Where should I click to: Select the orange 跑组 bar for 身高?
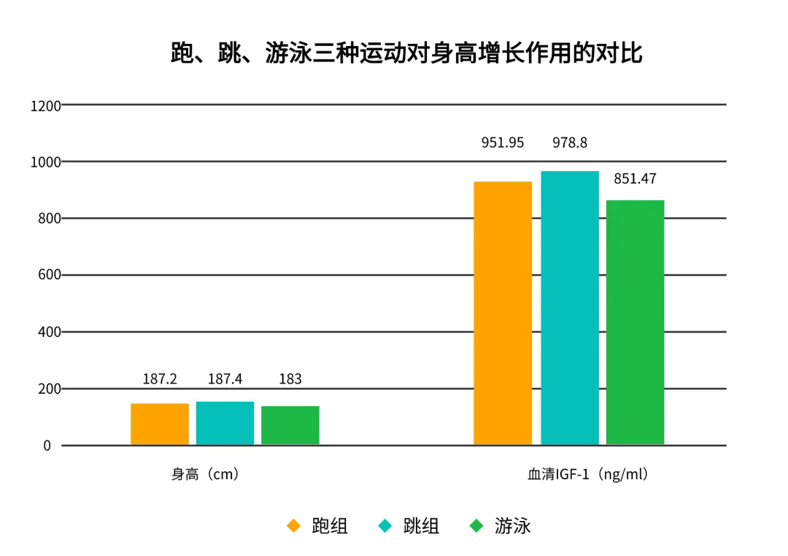coord(160,424)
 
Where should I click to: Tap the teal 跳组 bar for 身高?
coord(225,423)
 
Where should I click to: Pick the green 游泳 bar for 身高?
coord(290,425)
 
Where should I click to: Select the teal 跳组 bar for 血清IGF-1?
coord(570,308)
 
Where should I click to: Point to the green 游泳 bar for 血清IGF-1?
coord(636,322)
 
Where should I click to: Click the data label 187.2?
coord(160,379)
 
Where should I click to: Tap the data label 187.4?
coord(225,379)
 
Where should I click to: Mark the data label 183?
coord(290,379)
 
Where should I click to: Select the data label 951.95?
coord(503,143)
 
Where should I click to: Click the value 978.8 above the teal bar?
coord(570,143)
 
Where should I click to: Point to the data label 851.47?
coord(635,179)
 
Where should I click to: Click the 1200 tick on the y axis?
coord(46,107)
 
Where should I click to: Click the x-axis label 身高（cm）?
coord(205,474)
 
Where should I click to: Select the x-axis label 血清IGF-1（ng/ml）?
coord(588,474)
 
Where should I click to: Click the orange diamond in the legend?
coord(294,526)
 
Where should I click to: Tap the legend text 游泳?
coord(512,526)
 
